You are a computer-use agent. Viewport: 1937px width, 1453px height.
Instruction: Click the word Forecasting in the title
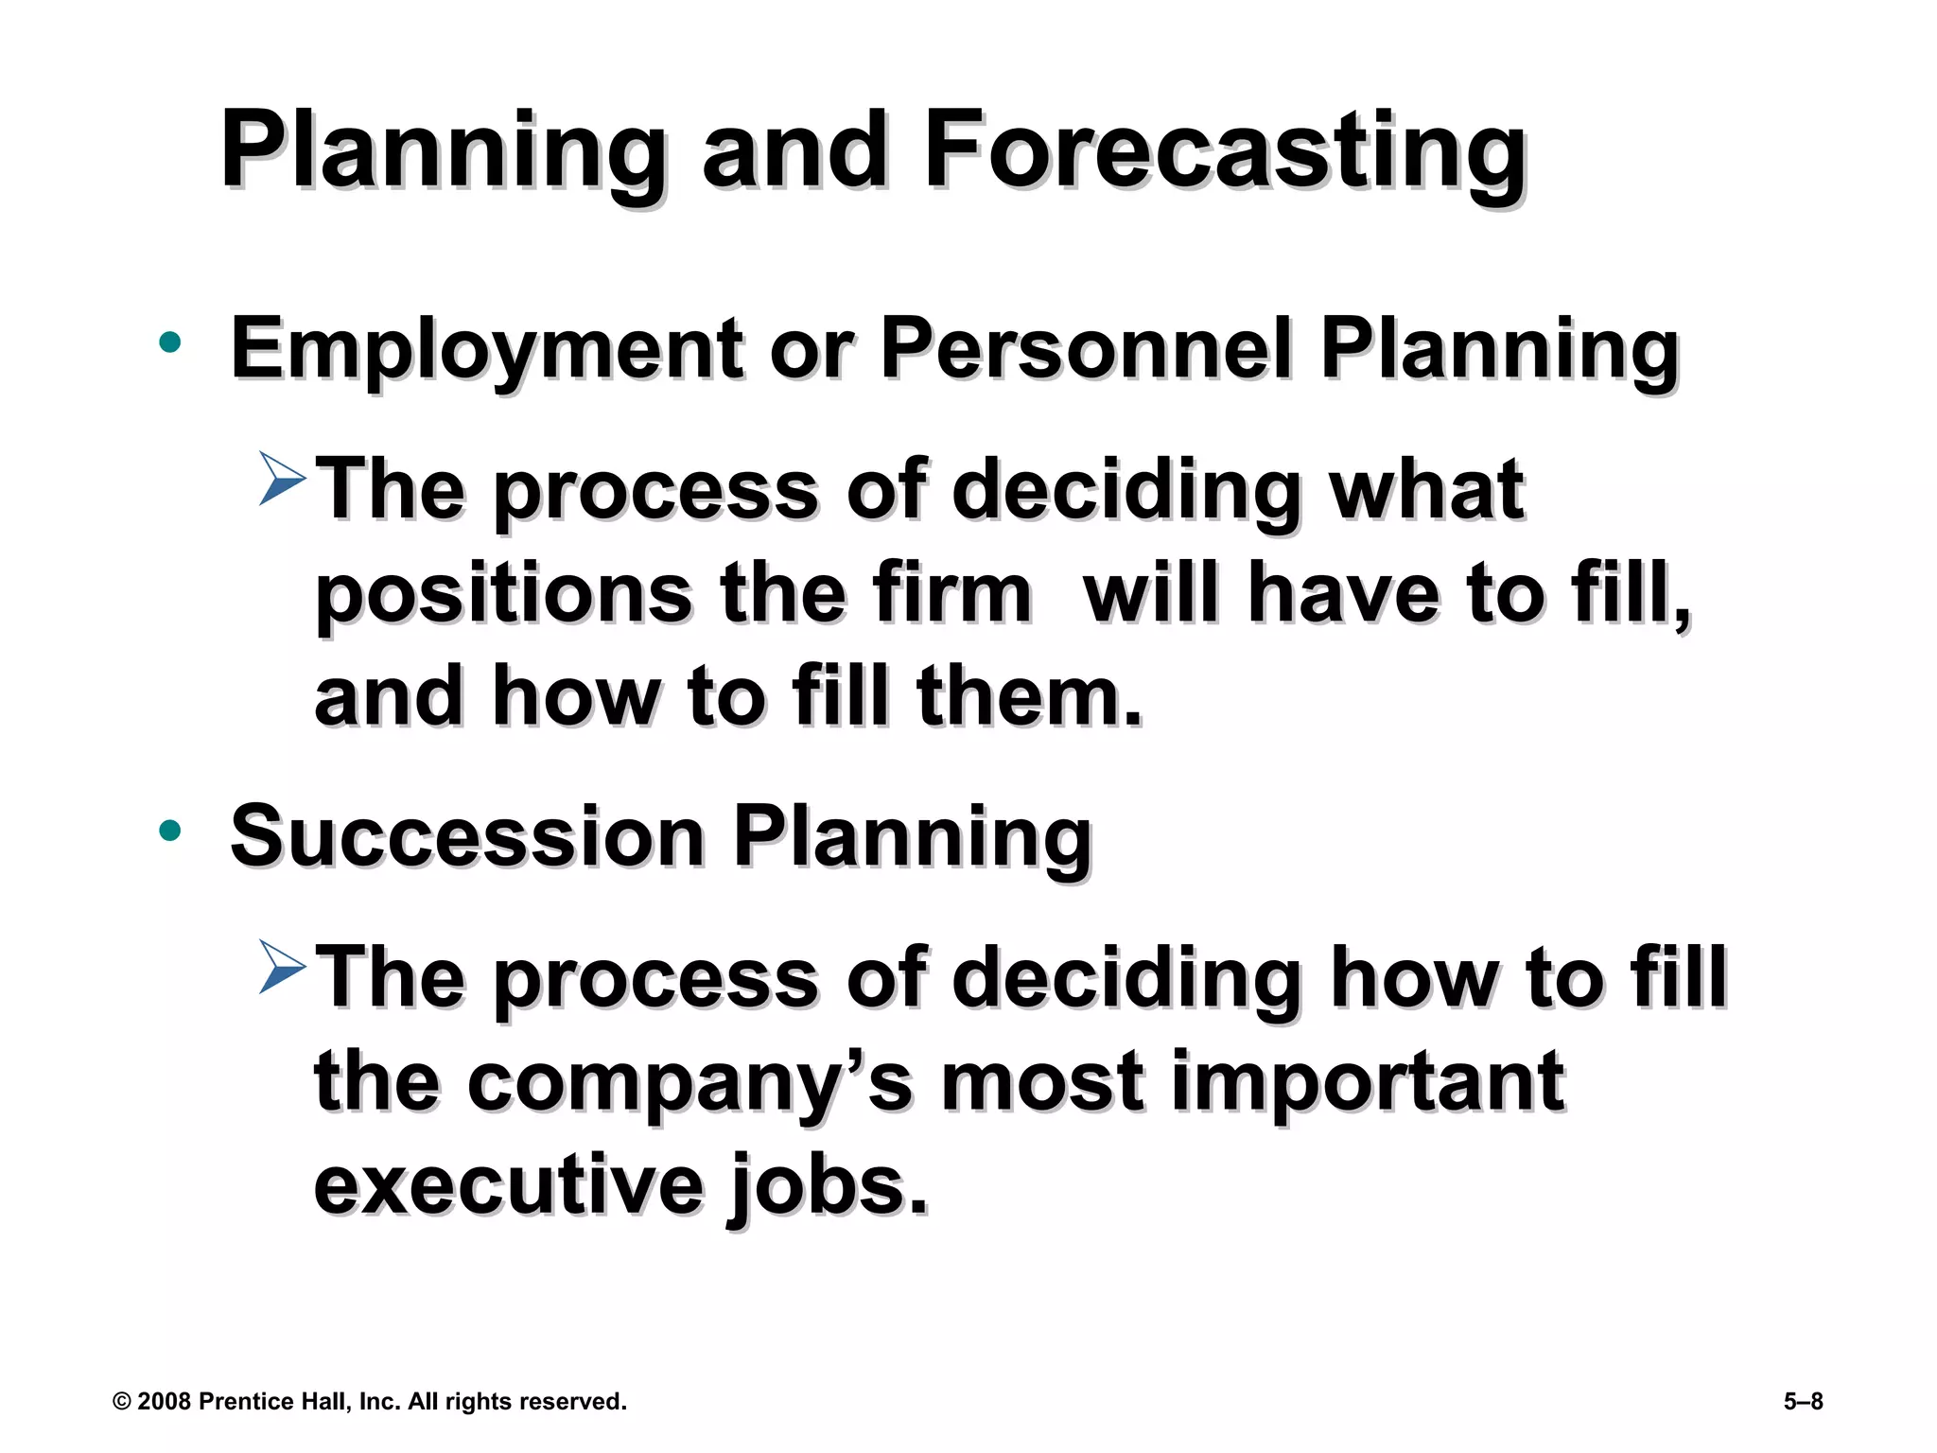coord(1224,151)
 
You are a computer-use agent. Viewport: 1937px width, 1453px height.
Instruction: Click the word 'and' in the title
coord(794,151)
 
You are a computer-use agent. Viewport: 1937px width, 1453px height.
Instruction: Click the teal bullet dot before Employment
coord(170,342)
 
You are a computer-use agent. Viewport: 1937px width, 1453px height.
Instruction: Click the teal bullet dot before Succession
coord(170,831)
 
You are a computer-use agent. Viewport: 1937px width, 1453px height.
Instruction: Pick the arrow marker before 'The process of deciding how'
coord(282,967)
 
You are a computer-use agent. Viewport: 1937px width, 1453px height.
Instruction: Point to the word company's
coord(689,1084)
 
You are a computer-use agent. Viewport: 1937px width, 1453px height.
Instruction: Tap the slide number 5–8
coord(1803,1402)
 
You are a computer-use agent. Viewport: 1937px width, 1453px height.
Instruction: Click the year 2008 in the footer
coord(164,1402)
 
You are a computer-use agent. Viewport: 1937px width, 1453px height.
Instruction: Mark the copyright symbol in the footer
coord(121,1402)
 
